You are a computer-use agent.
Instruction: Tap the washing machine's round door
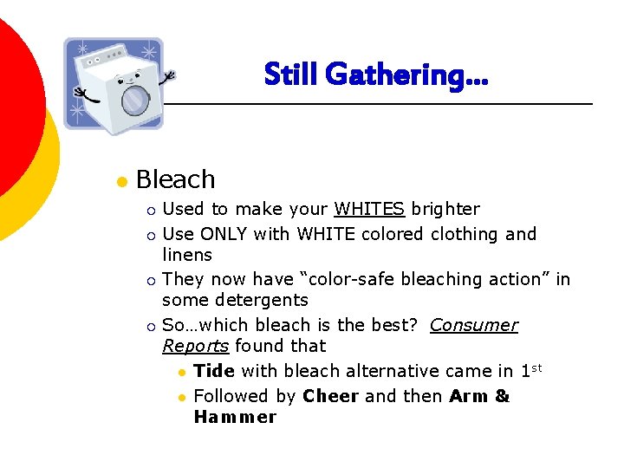tap(133, 101)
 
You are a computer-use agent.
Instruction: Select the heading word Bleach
tap(176, 179)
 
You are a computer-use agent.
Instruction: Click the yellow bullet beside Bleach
tap(122, 181)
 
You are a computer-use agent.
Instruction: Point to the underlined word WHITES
tap(369, 209)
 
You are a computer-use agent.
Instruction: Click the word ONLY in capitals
tap(224, 234)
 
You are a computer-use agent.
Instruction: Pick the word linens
tap(187, 255)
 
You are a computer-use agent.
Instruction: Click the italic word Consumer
tap(473, 325)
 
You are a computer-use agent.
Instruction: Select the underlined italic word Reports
tap(195, 346)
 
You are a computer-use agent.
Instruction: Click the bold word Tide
tap(214, 371)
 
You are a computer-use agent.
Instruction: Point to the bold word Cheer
tap(331, 396)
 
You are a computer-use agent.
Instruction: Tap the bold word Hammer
tap(235, 417)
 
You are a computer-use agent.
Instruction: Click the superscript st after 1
tap(536, 367)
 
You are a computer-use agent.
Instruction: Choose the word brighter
tap(445, 209)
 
